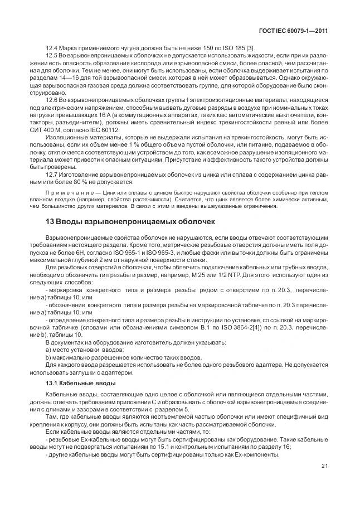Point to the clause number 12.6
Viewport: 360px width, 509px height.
pyautogui.click(x=52, y=99)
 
